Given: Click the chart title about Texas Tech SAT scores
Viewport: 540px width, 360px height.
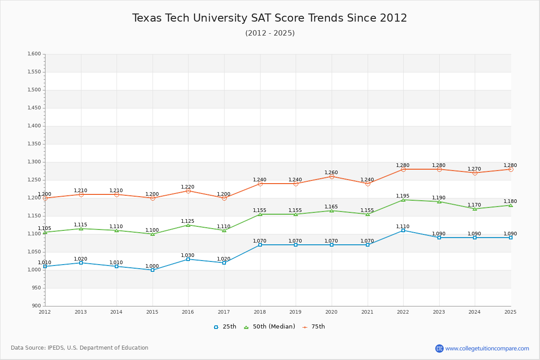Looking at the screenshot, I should [x=270, y=18].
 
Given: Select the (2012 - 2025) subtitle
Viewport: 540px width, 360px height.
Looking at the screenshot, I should [x=270, y=33].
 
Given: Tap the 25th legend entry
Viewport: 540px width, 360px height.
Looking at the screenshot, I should [x=225, y=327].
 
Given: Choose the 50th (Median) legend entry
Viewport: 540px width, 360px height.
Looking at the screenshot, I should [x=270, y=327].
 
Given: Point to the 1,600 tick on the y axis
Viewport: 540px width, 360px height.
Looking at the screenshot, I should [x=35, y=54].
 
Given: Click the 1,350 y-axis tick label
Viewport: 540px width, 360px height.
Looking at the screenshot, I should [x=35, y=144].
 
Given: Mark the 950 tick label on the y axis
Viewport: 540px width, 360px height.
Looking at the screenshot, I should [x=36, y=288].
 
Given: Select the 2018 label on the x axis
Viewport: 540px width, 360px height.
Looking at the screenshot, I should [x=260, y=312].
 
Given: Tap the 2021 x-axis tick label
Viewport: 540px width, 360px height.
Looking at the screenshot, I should [x=367, y=312].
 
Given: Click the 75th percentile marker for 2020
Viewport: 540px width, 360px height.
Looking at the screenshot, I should [x=332, y=176].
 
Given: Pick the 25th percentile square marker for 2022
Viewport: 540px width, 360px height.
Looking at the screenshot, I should [x=403, y=230].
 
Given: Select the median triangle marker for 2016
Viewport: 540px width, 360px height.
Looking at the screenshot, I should [x=188, y=225].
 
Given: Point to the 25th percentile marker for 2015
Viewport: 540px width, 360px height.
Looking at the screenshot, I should [x=153, y=270].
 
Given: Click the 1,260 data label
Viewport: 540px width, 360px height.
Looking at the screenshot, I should [x=331, y=173].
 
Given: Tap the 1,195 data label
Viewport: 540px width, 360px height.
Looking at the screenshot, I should [x=403, y=196].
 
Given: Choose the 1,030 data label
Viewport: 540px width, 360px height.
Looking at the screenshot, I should [x=188, y=256].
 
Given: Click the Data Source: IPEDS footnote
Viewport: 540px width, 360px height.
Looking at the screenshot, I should [x=80, y=348].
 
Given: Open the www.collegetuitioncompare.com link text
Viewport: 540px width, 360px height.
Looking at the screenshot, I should [x=487, y=348].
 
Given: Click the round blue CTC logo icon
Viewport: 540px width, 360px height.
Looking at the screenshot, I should [x=439, y=348].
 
